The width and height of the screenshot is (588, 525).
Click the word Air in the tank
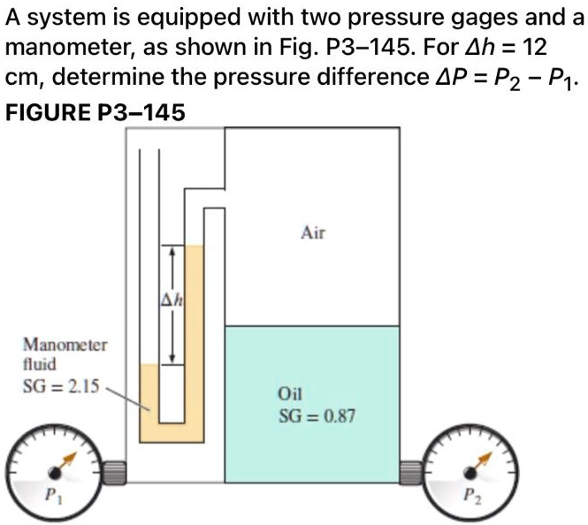tap(314, 234)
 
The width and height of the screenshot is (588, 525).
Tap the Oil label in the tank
tap(290, 395)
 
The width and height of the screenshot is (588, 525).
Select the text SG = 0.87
tap(317, 415)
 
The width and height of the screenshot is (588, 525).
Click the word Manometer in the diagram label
tap(65, 346)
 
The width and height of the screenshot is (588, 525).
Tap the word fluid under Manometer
tap(39, 363)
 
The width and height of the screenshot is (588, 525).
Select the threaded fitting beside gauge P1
tap(113, 473)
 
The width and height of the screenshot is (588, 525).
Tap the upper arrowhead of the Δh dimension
tap(173, 253)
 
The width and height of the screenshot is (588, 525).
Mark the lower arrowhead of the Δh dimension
tap(173, 358)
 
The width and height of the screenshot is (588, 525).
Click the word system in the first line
tap(58, 19)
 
